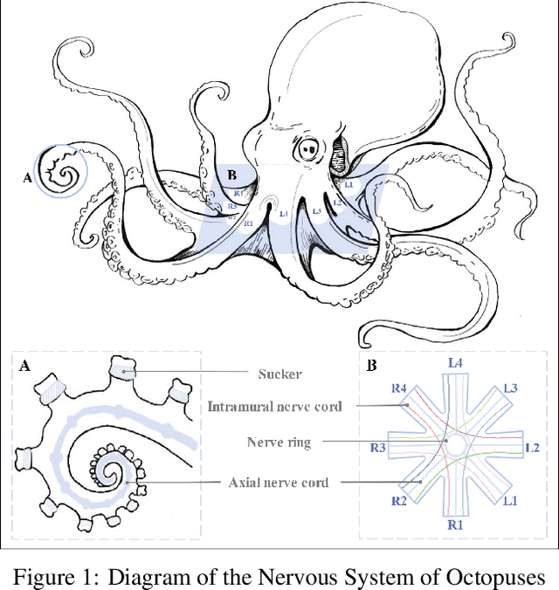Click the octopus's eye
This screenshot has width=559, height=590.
[308, 149]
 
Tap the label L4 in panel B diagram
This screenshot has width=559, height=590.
[455, 361]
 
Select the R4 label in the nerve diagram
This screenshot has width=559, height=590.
[399, 388]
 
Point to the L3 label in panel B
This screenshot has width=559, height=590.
[509, 388]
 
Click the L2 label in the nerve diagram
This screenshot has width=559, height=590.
[532, 447]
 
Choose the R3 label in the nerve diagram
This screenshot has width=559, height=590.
[378, 448]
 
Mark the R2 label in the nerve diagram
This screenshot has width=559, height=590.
[399, 501]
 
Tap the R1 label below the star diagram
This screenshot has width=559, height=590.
[455, 525]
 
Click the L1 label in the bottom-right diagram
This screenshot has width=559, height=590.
[509, 501]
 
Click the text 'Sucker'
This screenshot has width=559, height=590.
[279, 374]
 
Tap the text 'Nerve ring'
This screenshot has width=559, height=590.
[278, 442]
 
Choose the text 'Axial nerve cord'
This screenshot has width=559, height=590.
[278, 482]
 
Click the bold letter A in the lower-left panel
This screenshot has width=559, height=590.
[24, 367]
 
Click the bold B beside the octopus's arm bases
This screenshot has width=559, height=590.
[231, 175]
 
